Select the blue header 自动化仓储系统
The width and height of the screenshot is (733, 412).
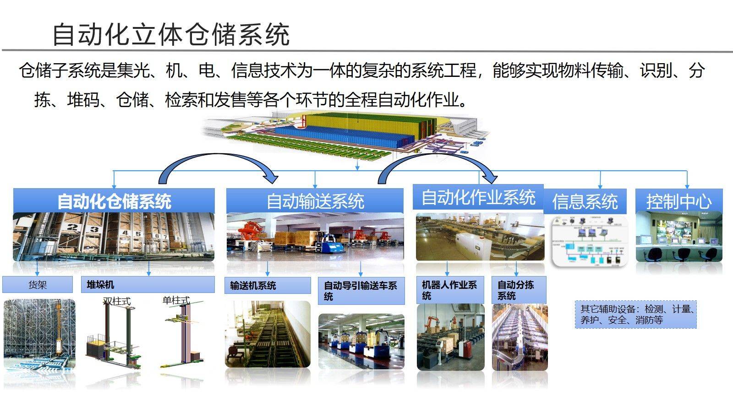tap(114, 201)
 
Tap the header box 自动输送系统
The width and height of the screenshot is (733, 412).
tap(315, 201)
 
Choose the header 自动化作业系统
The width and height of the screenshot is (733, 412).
tap(478, 197)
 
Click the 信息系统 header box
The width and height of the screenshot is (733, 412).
tap(585, 201)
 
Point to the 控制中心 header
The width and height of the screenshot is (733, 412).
tap(678, 201)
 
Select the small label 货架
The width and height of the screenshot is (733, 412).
tap(38, 285)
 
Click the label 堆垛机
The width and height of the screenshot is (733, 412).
tap(148, 285)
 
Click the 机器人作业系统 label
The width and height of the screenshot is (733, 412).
tap(450, 290)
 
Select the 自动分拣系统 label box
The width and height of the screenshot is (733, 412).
tap(519, 290)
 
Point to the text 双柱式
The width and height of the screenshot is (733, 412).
tap(117, 301)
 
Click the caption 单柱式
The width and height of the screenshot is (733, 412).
tap(176, 300)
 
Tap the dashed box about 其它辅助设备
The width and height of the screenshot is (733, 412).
tap(635, 314)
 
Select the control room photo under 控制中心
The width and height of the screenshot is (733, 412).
tap(678, 237)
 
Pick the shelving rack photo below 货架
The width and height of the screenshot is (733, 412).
tap(39, 334)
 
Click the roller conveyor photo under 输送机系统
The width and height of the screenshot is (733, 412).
tap(268, 334)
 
